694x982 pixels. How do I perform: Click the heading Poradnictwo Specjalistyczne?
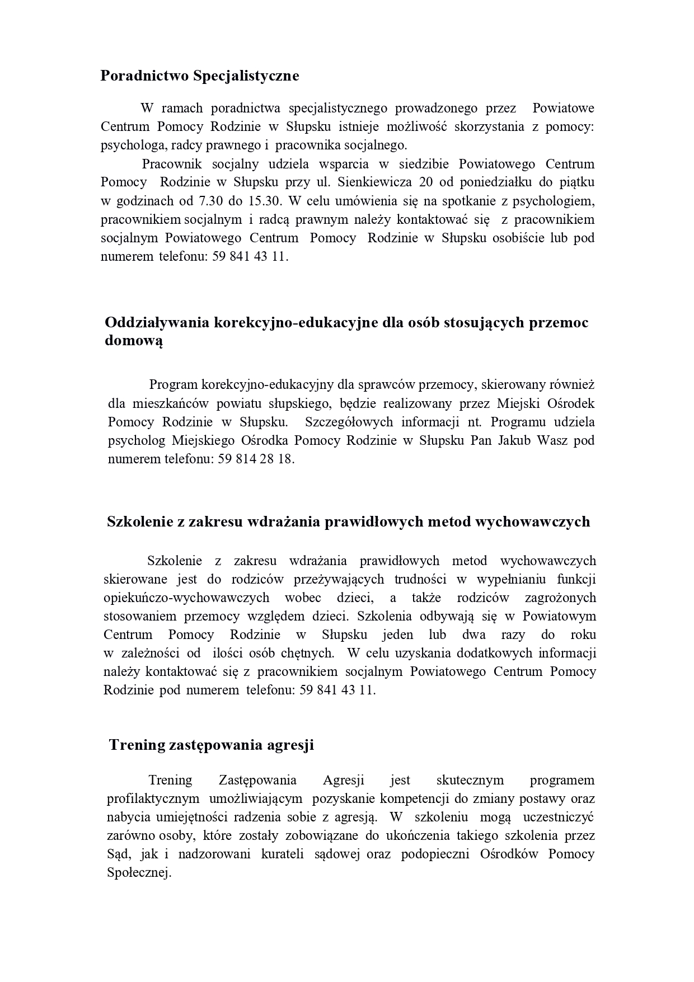(x=199, y=76)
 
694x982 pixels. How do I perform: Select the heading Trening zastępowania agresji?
(x=211, y=745)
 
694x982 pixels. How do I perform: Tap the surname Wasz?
(x=552, y=440)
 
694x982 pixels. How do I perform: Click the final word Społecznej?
(x=138, y=872)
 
